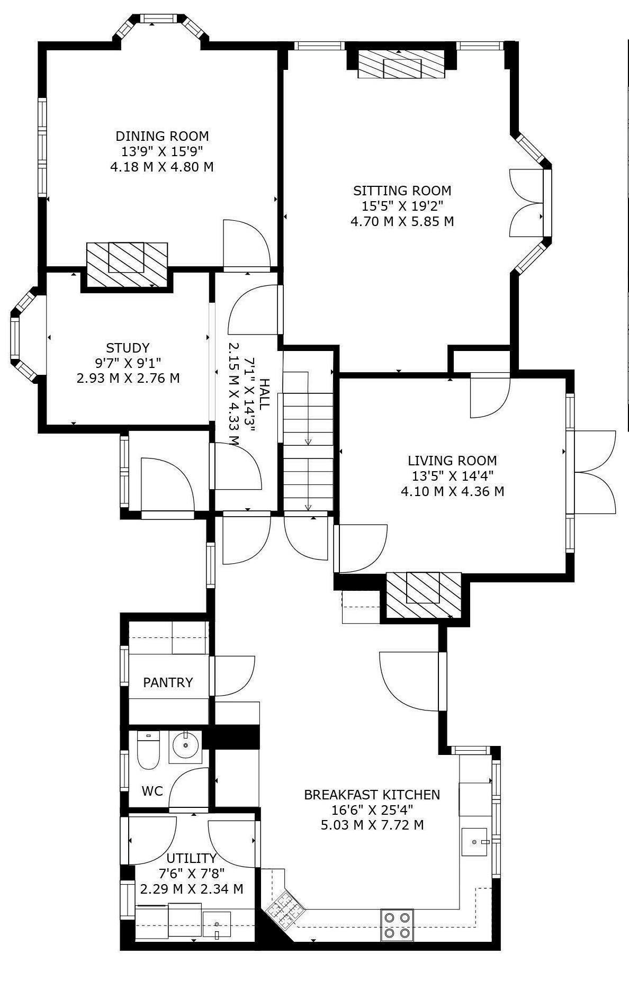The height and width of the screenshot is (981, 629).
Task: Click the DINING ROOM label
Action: click(162, 136)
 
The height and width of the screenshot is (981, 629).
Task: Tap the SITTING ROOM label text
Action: click(402, 191)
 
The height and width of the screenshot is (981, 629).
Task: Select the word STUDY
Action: click(128, 348)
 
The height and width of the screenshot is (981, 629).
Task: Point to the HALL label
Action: click(264, 393)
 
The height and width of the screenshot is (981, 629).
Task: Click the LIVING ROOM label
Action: click(452, 461)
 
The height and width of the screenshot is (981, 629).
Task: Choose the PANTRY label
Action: click(168, 682)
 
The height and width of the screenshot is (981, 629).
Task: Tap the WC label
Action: click(152, 791)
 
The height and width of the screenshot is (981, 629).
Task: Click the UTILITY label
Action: click(192, 858)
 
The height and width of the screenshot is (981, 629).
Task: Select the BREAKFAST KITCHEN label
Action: click(372, 795)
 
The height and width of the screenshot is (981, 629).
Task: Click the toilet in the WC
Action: click(148, 750)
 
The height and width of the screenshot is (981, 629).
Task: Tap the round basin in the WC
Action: click(185, 746)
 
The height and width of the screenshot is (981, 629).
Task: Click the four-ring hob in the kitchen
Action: click(397, 924)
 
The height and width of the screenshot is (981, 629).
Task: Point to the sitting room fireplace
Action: click(402, 65)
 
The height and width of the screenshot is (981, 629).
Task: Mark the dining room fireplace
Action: click(127, 265)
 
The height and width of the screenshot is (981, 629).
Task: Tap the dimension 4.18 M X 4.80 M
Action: click(162, 167)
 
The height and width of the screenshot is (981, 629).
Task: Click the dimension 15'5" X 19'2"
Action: click(402, 205)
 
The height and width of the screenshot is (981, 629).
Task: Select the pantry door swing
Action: click(233, 676)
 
